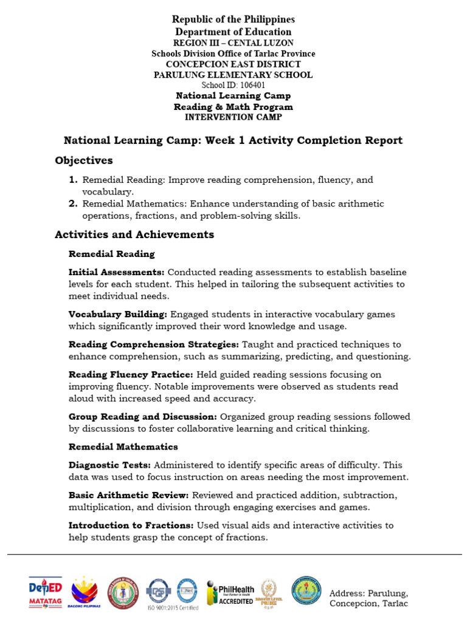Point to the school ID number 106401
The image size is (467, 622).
(233, 86)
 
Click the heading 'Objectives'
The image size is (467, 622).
(84, 161)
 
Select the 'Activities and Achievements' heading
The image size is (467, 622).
(134, 234)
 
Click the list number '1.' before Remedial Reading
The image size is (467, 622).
(73, 180)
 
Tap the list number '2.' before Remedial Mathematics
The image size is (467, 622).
(73, 204)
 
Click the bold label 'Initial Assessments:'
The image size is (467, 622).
(116, 272)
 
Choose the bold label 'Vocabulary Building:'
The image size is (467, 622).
(118, 315)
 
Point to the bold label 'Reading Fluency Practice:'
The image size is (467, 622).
(131, 375)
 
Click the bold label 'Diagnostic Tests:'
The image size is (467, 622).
(108, 465)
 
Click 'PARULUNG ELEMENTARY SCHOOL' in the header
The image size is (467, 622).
(233, 75)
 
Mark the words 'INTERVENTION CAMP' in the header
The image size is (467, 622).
(233, 117)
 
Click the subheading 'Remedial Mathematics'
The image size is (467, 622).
(123, 447)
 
